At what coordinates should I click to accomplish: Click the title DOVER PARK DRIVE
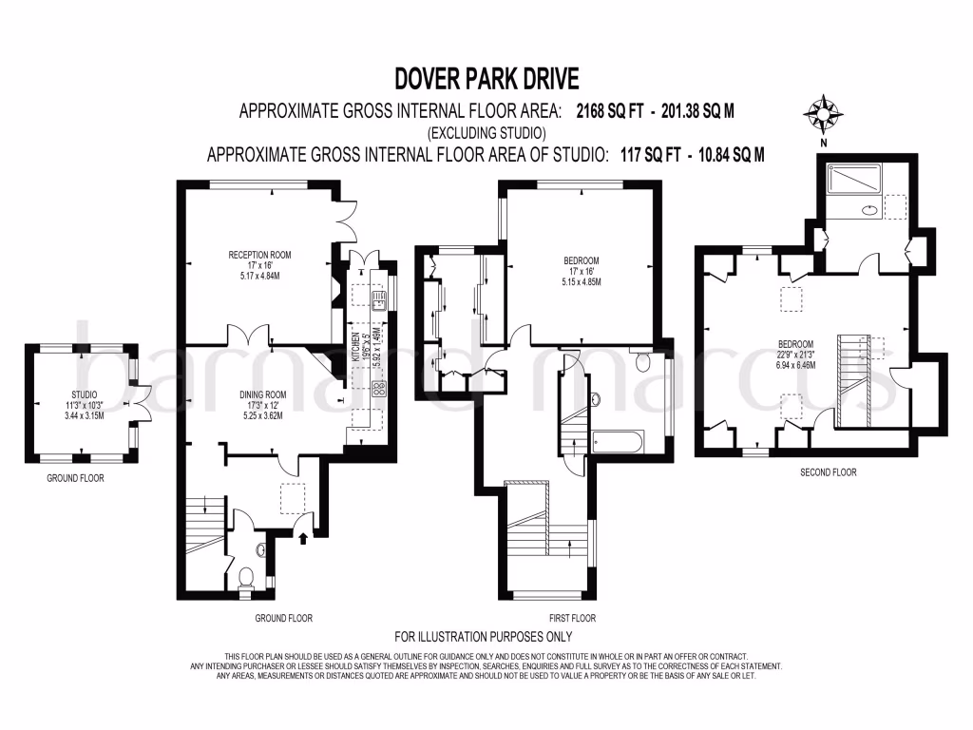(x=486, y=78)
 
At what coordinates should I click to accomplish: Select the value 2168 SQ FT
(x=615, y=110)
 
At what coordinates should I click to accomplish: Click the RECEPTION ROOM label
(x=258, y=255)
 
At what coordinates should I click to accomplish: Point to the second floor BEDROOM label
(x=795, y=344)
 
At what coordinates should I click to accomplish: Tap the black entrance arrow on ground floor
(x=304, y=539)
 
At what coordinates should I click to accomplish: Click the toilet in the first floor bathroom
(x=641, y=362)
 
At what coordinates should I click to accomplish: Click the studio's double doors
(x=143, y=396)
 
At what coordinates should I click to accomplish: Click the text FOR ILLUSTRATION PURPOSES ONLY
(x=484, y=637)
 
